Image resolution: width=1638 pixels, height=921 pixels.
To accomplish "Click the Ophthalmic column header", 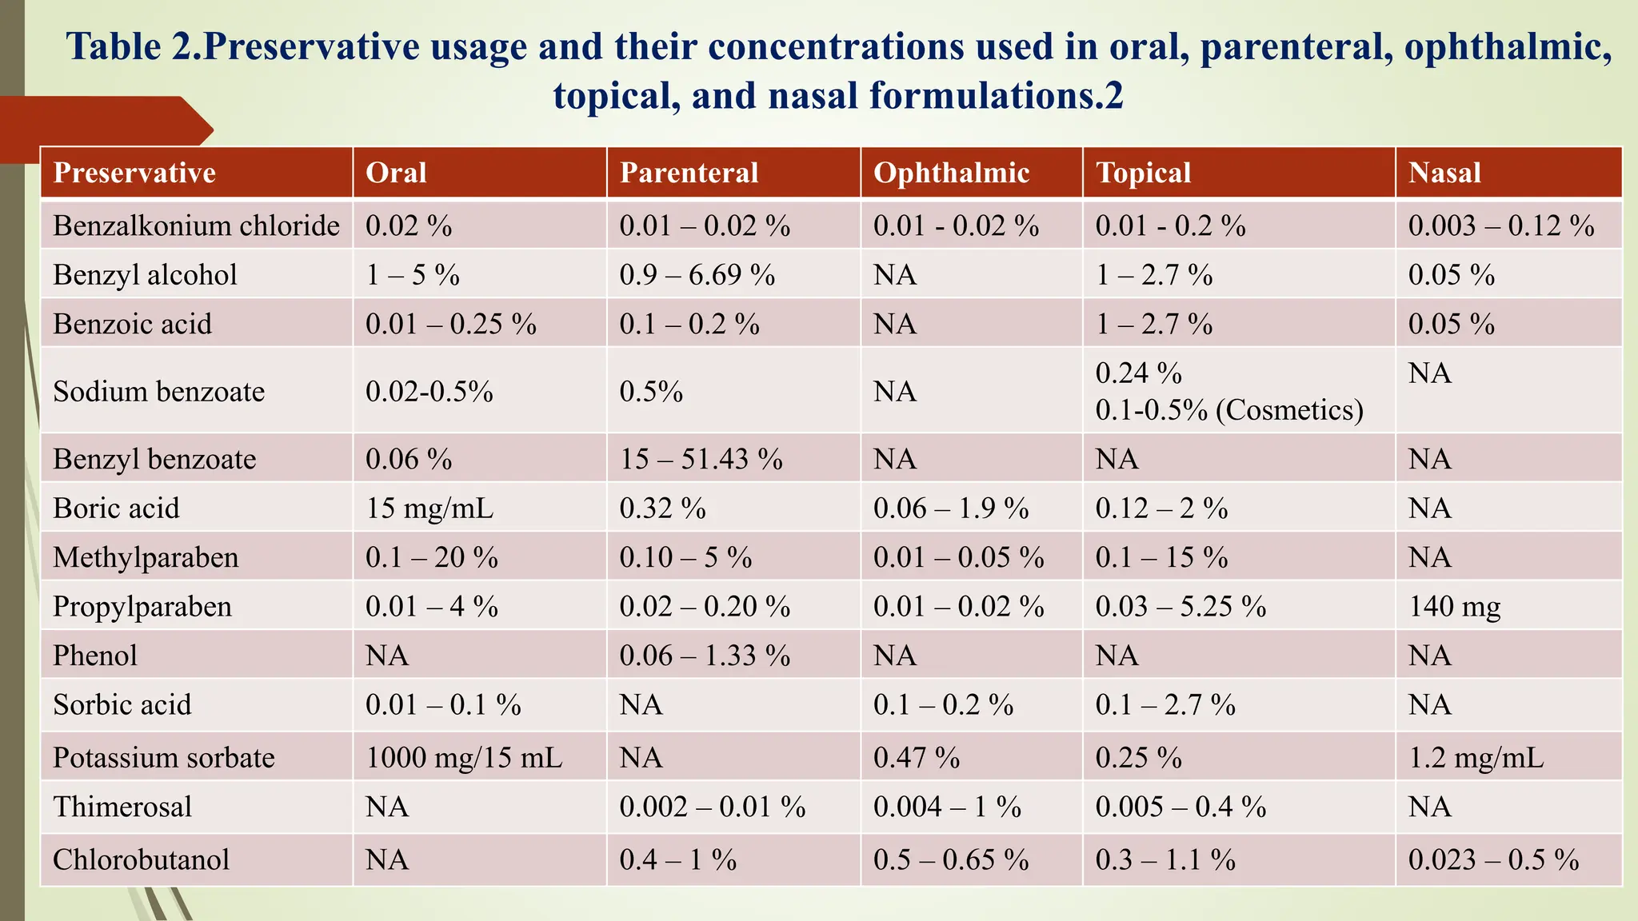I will [x=951, y=173].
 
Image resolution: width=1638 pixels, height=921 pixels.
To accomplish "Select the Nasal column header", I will [x=1444, y=173].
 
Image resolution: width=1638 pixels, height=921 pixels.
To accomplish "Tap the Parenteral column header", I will [x=689, y=173].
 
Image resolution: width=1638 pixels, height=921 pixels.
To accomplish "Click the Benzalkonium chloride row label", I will [x=196, y=226].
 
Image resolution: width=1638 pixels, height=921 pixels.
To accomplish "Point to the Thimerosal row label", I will [x=122, y=807].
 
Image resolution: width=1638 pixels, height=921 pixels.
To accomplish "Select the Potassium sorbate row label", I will [x=163, y=757].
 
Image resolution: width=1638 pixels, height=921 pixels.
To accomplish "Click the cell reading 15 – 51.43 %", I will [x=701, y=459].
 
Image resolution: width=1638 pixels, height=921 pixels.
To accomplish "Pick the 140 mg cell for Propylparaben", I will [x=1454, y=607].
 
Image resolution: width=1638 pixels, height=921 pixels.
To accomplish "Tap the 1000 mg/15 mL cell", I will [x=464, y=757].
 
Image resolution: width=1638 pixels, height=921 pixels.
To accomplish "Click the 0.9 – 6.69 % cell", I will [x=697, y=275].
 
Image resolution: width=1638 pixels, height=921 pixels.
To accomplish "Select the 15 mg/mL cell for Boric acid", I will [x=429, y=508].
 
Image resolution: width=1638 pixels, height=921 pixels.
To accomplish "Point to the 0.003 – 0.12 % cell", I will [x=1501, y=226].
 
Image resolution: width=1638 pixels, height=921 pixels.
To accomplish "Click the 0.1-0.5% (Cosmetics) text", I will [x=1228, y=410].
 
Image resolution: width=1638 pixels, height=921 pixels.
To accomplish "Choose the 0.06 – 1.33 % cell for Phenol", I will [x=704, y=656].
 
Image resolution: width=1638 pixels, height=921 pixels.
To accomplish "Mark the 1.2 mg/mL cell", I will [x=1476, y=757].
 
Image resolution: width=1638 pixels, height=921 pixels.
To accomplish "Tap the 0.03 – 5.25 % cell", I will [x=1181, y=607].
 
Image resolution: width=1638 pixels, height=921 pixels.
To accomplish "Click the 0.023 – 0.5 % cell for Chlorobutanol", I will [x=1493, y=859].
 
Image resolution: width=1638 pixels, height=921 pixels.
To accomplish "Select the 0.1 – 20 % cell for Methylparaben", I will [x=431, y=557].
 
